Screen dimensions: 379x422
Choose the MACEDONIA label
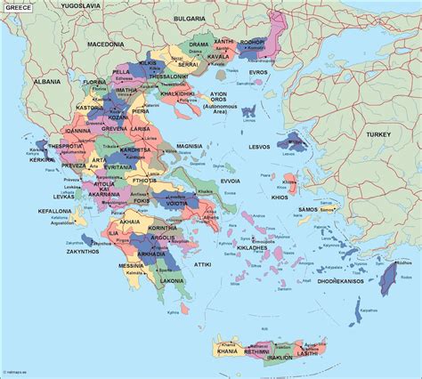pos(105,43)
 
